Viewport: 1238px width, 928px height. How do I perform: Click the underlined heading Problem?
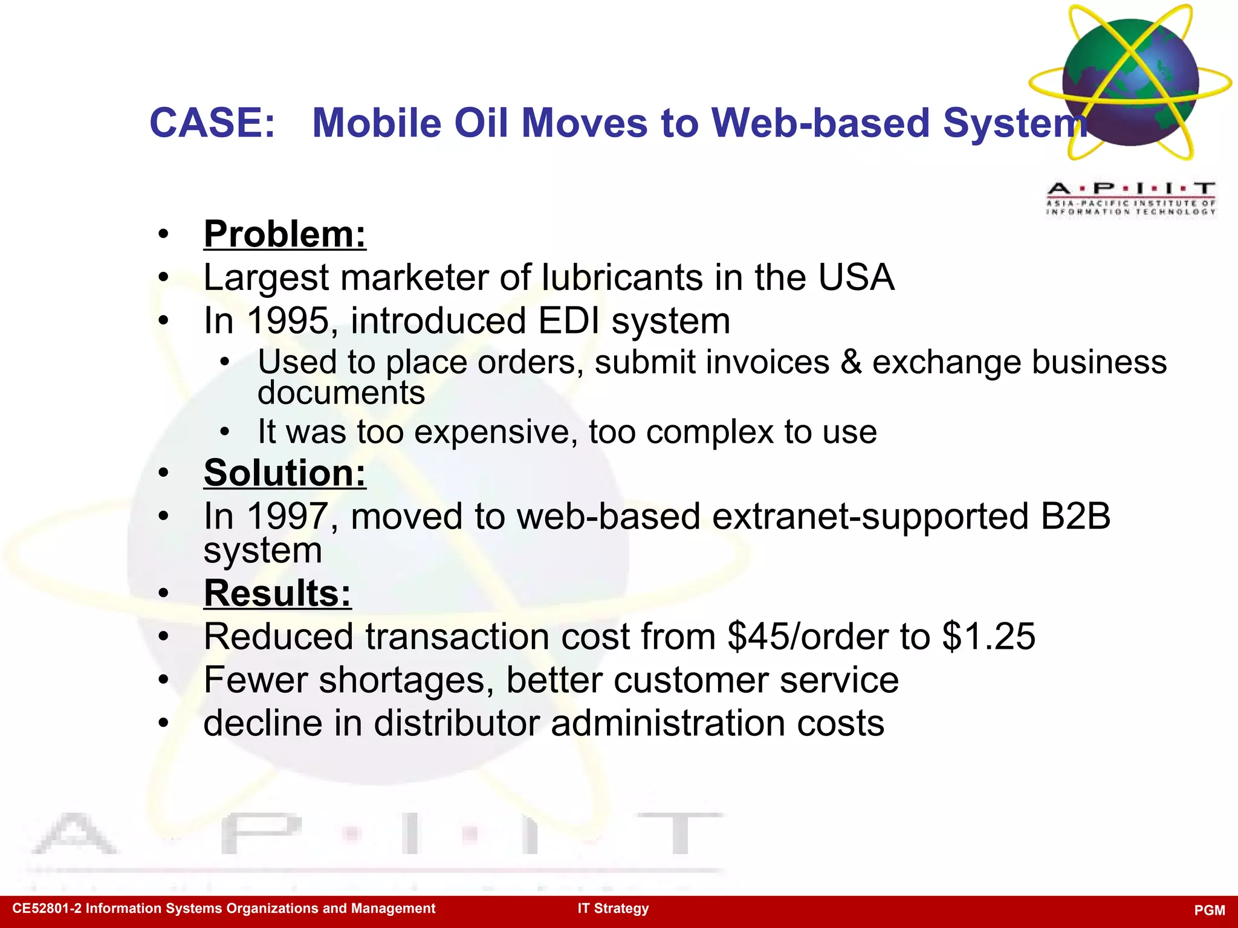pyautogui.click(x=285, y=234)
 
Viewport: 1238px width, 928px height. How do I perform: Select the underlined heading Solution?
pyautogui.click(x=285, y=473)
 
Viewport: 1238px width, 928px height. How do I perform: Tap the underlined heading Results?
pyautogui.click(x=277, y=593)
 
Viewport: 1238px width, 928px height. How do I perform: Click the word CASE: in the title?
pyautogui.click(x=212, y=123)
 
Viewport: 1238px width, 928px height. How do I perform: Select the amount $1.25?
pyautogui.click(x=988, y=637)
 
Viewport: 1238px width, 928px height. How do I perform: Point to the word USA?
pyautogui.click(x=856, y=278)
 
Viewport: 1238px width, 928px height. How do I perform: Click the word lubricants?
pyautogui.click(x=623, y=278)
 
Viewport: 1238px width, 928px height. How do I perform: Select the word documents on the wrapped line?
pyautogui.click(x=342, y=393)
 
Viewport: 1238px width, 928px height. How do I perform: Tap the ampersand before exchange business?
pyautogui.click(x=851, y=362)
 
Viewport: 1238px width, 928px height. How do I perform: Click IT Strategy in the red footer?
pyautogui.click(x=613, y=909)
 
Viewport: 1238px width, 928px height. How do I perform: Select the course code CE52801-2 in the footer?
pyautogui.click(x=47, y=909)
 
